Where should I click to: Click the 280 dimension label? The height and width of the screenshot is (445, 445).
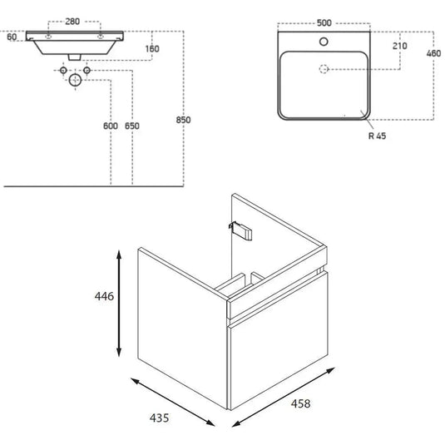72,22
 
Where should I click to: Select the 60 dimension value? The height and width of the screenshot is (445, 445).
12,37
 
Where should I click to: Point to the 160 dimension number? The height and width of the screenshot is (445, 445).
152,49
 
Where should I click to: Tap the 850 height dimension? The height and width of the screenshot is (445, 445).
183,120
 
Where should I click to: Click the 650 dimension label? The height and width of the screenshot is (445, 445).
132,126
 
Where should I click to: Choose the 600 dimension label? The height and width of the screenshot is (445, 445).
111,126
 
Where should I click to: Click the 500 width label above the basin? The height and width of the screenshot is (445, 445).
324,22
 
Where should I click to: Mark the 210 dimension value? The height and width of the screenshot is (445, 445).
400,46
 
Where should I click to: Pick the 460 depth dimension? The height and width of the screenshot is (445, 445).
433,53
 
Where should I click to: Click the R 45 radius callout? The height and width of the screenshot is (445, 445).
377,136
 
